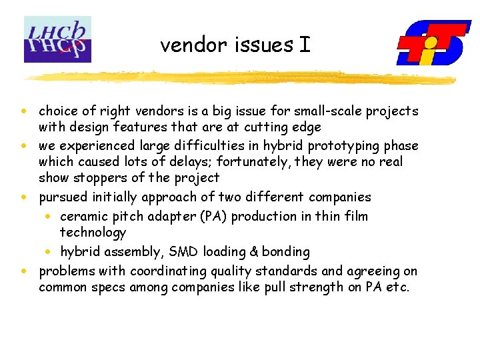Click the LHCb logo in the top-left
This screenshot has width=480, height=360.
click(57, 40)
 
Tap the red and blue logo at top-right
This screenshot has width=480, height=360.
click(433, 43)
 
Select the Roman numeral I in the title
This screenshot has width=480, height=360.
click(304, 45)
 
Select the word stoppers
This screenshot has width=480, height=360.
click(100, 178)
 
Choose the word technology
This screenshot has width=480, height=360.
click(93, 233)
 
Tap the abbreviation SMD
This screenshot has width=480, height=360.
click(185, 252)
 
